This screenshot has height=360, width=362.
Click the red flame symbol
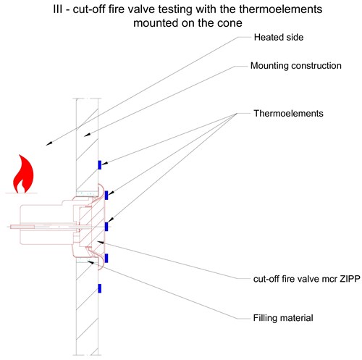(x=23, y=174)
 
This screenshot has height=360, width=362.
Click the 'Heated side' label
(x=279, y=38)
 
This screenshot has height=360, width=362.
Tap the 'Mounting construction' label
(x=296, y=66)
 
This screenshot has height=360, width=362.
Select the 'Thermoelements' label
(x=288, y=114)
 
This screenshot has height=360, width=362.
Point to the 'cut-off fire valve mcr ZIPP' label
(x=307, y=279)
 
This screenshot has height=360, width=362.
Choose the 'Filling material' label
(x=283, y=318)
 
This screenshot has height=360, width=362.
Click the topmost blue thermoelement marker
(x=99, y=165)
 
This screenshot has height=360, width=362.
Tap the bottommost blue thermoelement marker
(x=99, y=288)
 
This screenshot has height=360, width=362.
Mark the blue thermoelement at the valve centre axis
(x=106, y=227)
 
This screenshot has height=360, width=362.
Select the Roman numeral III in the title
(x=59, y=9)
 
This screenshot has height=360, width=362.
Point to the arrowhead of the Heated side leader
(x=49, y=143)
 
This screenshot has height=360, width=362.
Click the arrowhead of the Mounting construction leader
(x=87, y=135)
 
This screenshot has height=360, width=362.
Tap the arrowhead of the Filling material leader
(x=90, y=261)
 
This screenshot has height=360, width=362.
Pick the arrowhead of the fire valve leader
(x=100, y=242)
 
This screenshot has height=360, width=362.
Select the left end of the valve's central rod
(x=11, y=227)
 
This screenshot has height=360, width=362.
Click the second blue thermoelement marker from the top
(x=106, y=196)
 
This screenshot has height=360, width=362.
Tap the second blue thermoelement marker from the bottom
(x=106, y=259)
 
